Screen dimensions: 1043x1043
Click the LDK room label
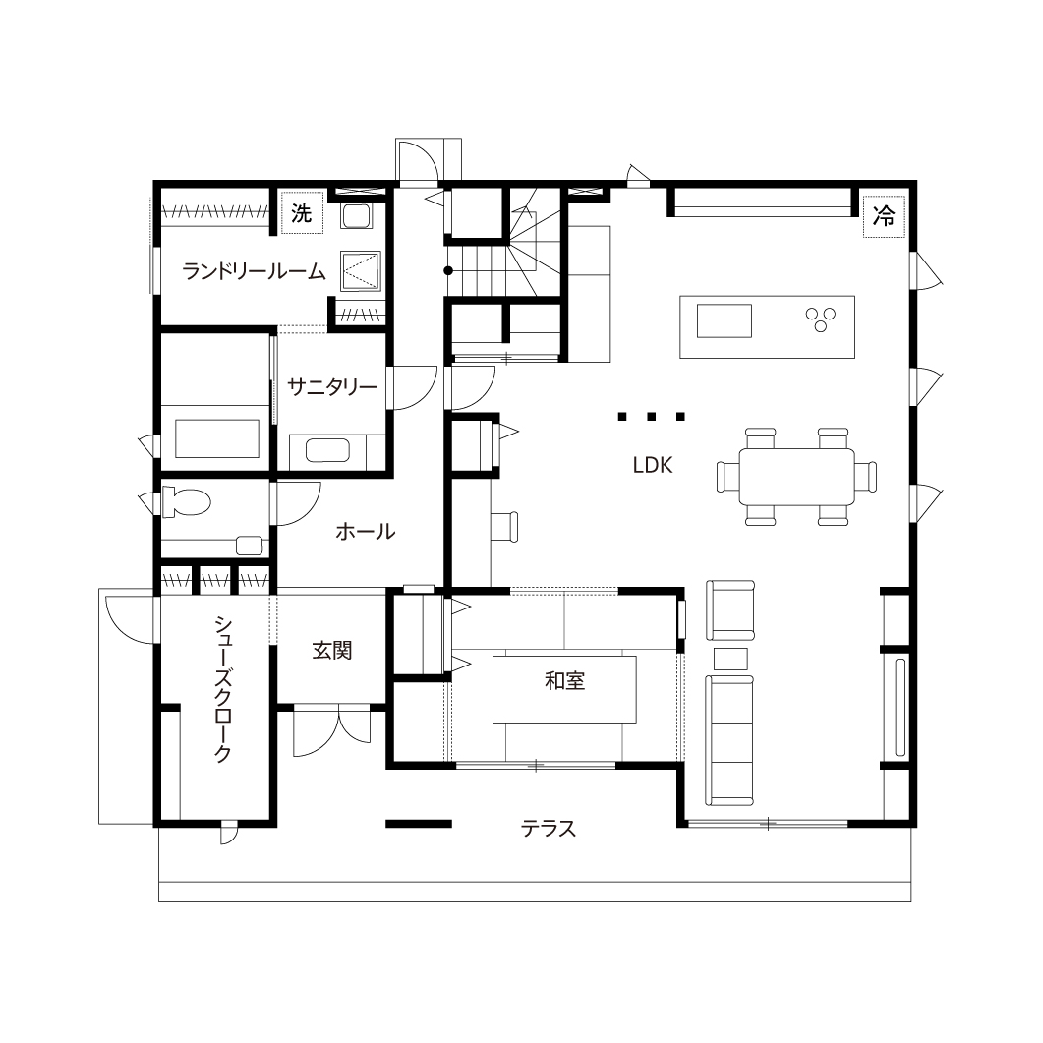(653, 465)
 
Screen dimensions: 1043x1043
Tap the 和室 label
(564, 681)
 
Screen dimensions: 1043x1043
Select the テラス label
(549, 828)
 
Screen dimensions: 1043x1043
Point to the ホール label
(365, 532)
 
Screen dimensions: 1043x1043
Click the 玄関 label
(332, 650)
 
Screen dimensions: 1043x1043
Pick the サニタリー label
(332, 386)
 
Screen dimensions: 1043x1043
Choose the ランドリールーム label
(254, 271)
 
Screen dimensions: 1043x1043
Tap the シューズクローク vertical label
(223, 688)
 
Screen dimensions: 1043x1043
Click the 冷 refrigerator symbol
(884, 215)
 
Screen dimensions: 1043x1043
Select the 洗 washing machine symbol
(302, 213)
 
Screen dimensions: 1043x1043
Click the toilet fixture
(186, 501)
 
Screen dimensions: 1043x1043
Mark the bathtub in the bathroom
(217, 438)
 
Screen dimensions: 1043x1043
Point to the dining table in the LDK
(796, 477)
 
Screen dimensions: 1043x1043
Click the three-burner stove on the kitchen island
(821, 319)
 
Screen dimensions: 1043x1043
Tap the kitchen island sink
(724, 320)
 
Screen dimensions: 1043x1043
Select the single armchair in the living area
(730, 609)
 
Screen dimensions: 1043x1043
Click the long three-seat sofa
(729, 740)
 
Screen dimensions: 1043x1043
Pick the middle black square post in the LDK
(651, 417)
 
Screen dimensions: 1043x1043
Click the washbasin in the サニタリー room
(327, 450)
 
